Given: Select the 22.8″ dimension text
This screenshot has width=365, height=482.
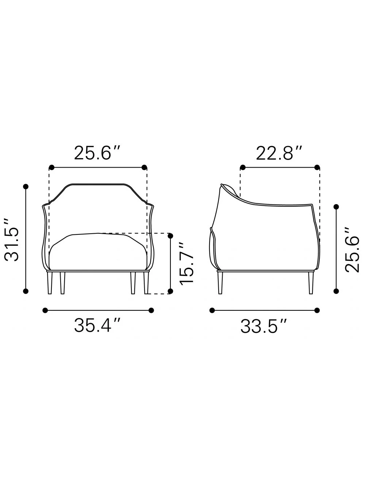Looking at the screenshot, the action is pyautogui.click(x=279, y=153).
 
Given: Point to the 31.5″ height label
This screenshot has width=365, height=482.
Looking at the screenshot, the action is pyautogui.click(x=12, y=240).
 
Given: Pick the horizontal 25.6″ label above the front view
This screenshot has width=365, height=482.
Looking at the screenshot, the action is pyautogui.click(x=97, y=153).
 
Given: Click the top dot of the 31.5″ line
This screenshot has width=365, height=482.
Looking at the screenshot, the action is pyautogui.click(x=26, y=187).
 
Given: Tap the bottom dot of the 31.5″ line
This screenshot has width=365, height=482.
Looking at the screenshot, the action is pyautogui.click(x=26, y=291).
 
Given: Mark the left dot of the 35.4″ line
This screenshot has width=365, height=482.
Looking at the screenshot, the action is pyautogui.click(x=45, y=310).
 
